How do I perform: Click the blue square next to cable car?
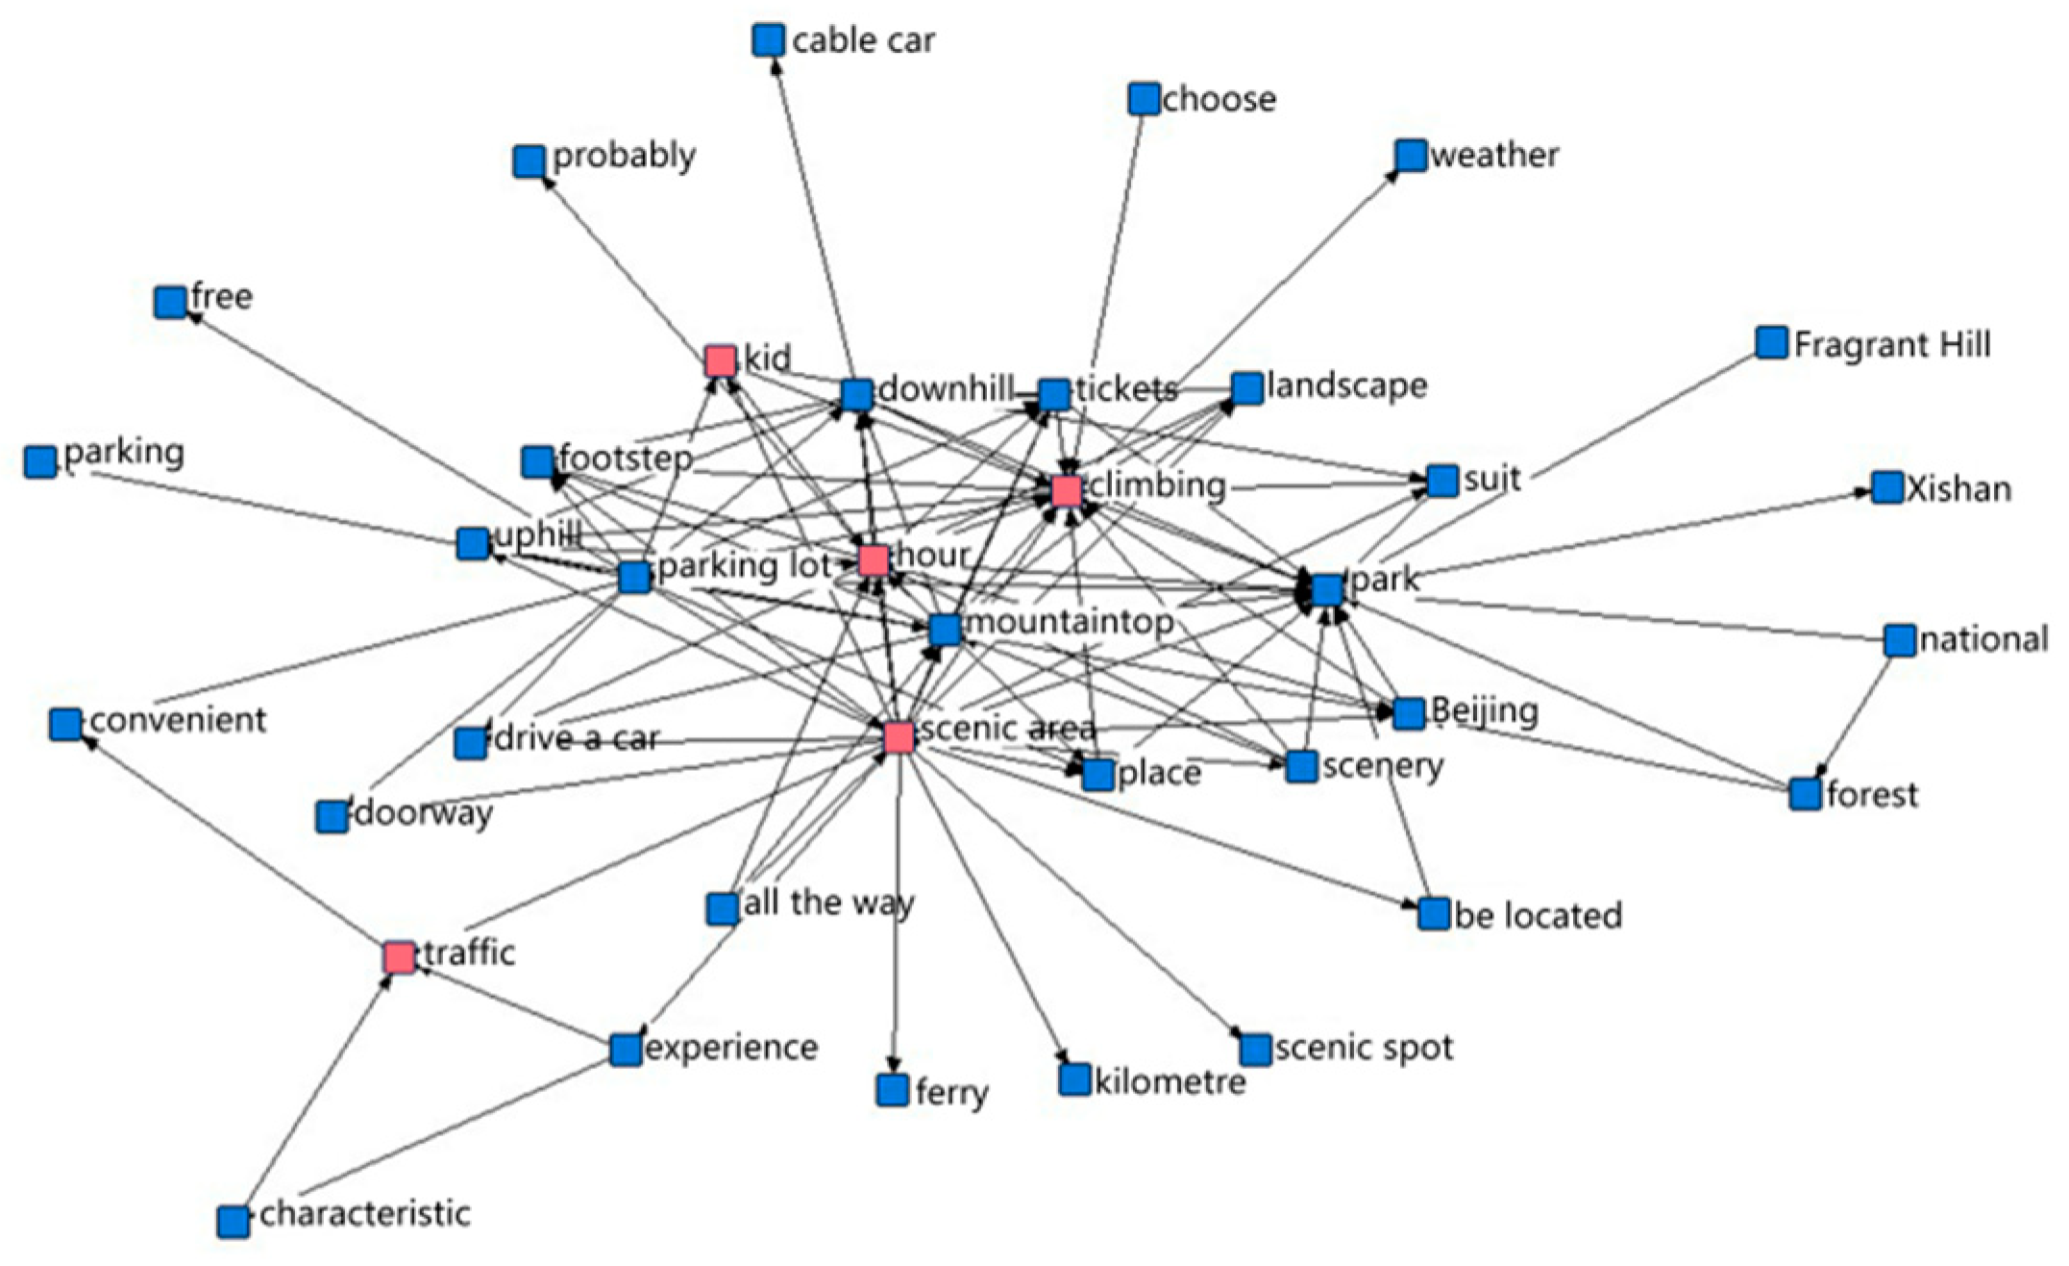pyautogui.click(x=768, y=40)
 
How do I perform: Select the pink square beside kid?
pyautogui.click(x=721, y=360)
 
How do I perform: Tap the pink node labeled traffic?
pyautogui.click(x=400, y=956)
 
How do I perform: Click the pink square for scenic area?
pyautogui.click(x=899, y=736)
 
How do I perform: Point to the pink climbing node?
pyautogui.click(x=1067, y=490)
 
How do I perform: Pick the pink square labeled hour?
pyautogui.click(x=874, y=560)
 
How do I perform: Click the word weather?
pyautogui.click(x=1494, y=155)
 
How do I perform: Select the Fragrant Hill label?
pyautogui.click(x=1891, y=344)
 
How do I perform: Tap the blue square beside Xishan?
pyautogui.click(x=1887, y=487)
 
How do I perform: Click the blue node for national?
pyautogui.click(x=1900, y=640)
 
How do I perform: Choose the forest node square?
pyautogui.click(x=1806, y=794)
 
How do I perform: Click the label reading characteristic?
pyautogui.click(x=365, y=1213)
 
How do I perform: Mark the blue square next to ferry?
pyautogui.click(x=893, y=1089)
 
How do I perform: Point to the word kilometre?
pyautogui.click(x=1170, y=1082)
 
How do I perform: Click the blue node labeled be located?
pyautogui.click(x=1434, y=914)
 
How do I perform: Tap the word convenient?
pyautogui.click(x=178, y=720)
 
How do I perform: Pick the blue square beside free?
pyautogui.click(x=170, y=302)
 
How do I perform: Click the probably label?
pyautogui.click(x=624, y=156)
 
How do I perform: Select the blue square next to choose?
pyautogui.click(x=1144, y=99)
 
